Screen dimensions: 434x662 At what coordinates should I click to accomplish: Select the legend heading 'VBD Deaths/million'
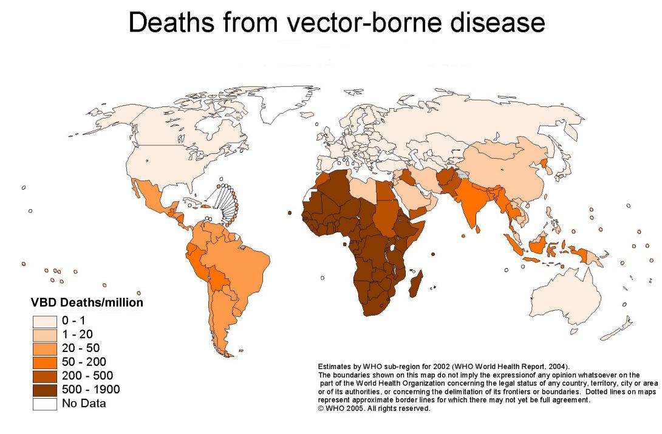[87, 302]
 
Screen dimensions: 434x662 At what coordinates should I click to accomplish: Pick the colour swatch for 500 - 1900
[46, 389]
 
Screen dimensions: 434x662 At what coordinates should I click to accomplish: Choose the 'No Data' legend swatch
[46, 403]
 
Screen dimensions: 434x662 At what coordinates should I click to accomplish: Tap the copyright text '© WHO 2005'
[346, 408]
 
